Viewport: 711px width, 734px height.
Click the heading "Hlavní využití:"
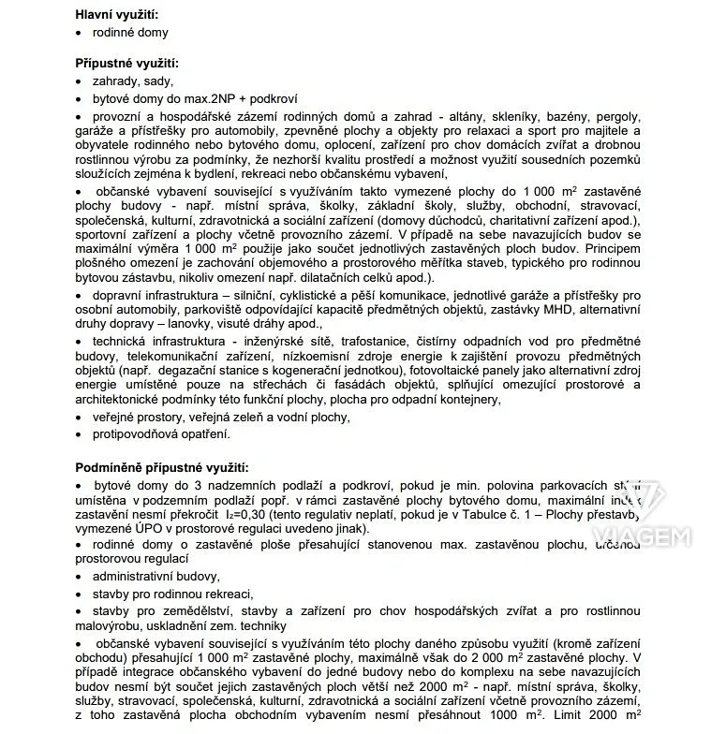click(x=116, y=13)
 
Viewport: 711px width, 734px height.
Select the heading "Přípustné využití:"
click(x=126, y=64)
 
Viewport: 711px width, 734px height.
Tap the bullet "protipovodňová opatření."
click(x=160, y=434)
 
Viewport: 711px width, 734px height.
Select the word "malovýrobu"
click(x=111, y=625)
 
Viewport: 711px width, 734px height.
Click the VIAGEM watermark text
click(x=642, y=536)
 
